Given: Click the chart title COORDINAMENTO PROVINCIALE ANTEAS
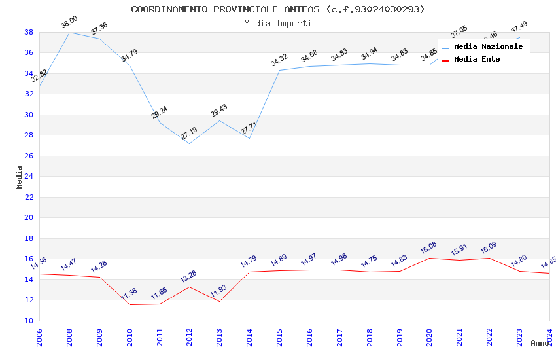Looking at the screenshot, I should (x=278, y=9).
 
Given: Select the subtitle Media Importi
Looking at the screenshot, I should (x=278, y=23).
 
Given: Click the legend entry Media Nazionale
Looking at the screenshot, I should (x=488, y=46).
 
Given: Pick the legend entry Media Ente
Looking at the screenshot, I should (x=477, y=59).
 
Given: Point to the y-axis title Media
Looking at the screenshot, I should (x=20, y=177).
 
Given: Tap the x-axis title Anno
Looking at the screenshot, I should (x=540, y=343).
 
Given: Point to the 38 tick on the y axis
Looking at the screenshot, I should (x=29, y=32).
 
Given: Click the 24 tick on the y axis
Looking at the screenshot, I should (x=29, y=176).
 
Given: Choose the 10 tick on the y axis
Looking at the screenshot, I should (x=29, y=321).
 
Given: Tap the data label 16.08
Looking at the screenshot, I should (x=428, y=249).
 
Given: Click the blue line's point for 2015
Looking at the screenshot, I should (x=279, y=70).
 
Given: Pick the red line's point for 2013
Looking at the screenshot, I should (x=219, y=301).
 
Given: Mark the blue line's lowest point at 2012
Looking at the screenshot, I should (x=189, y=143).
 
